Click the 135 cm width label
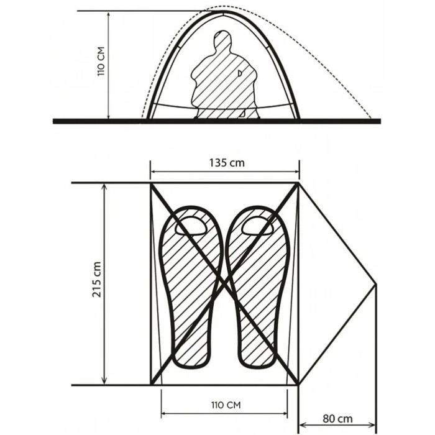(x=227, y=163)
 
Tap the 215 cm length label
(x=96, y=279)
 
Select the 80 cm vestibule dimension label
(x=337, y=418)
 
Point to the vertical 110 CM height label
(x=101, y=62)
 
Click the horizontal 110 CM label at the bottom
(x=226, y=405)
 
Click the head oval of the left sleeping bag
(x=191, y=225)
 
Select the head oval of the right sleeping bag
(x=257, y=225)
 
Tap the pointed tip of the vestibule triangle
(x=377, y=284)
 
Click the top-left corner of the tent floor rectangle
(x=151, y=183)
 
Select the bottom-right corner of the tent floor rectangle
(x=298, y=385)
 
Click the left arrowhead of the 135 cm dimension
(x=153, y=172)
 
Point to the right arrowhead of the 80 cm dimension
(x=373, y=424)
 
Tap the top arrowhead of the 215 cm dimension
(x=104, y=186)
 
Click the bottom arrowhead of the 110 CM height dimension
(x=109, y=116)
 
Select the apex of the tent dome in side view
(x=224, y=11)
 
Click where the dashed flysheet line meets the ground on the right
(x=370, y=119)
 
